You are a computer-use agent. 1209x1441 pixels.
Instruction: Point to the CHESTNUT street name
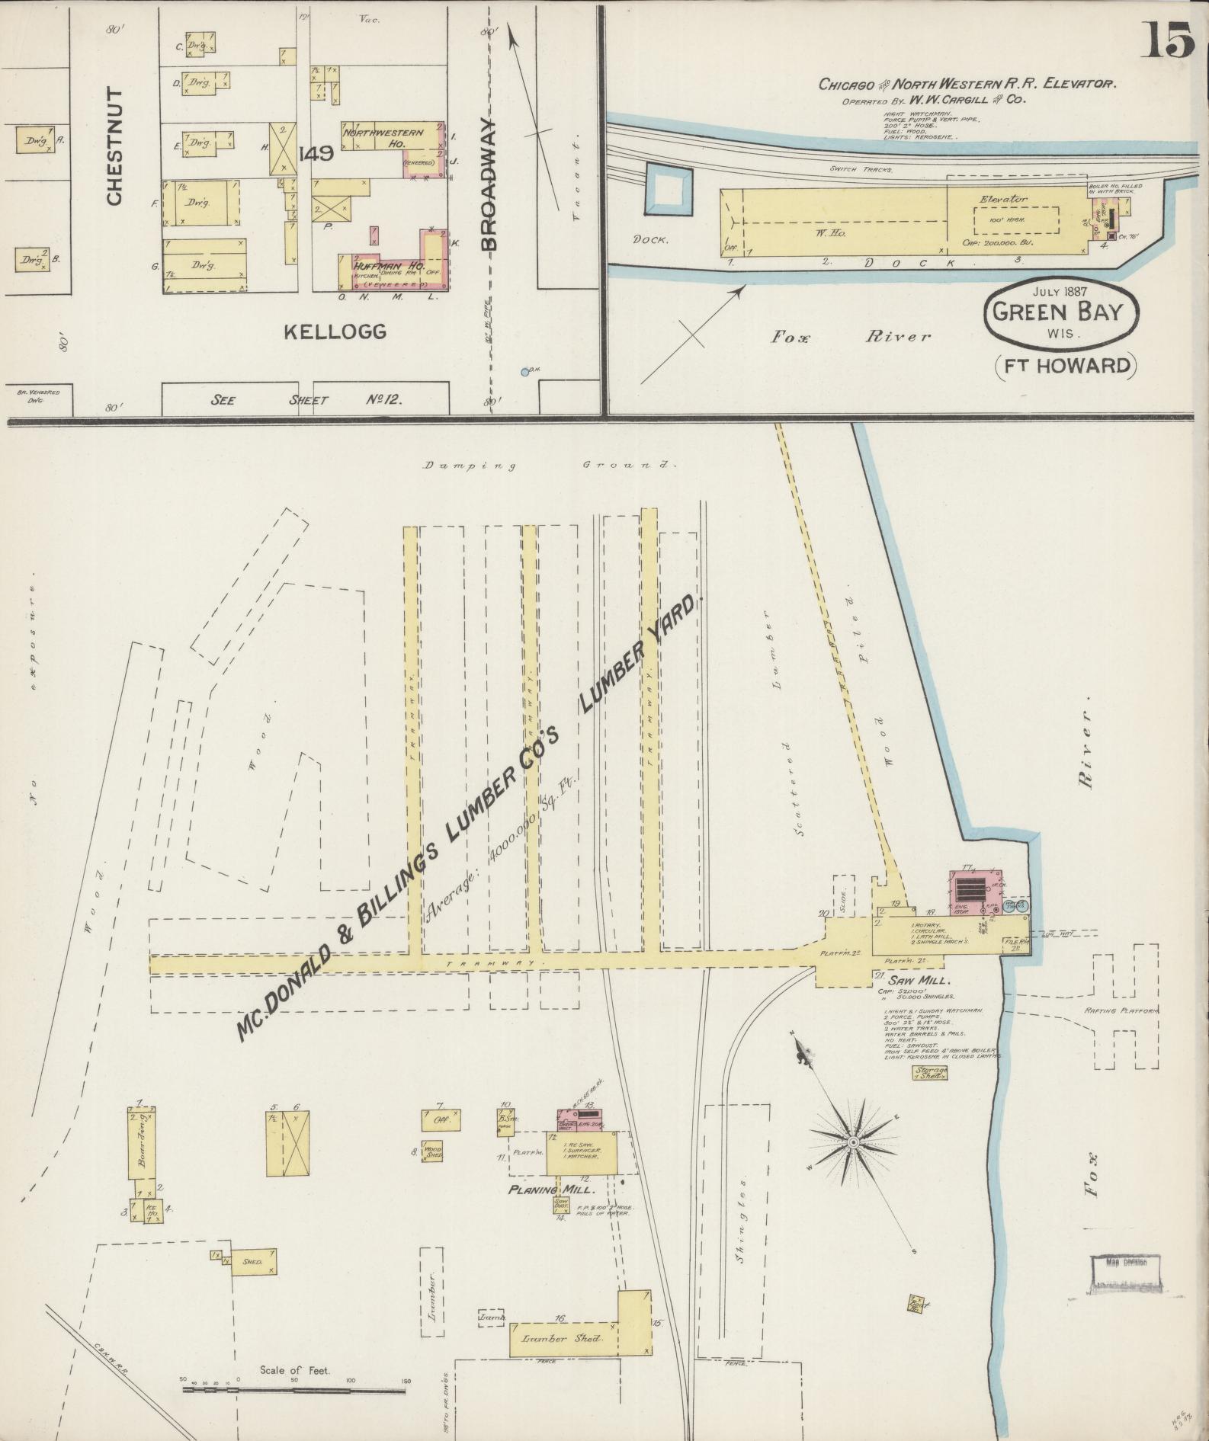pos(114,146)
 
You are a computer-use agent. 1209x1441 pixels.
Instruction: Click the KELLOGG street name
pos(335,331)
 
